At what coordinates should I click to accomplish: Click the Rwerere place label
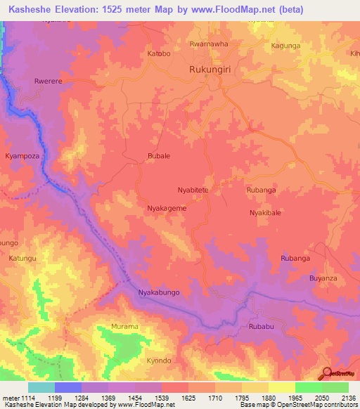tap(49, 82)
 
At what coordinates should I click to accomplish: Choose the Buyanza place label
tap(323, 278)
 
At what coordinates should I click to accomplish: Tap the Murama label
tap(125, 327)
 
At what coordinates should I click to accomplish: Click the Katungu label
tap(22, 259)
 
